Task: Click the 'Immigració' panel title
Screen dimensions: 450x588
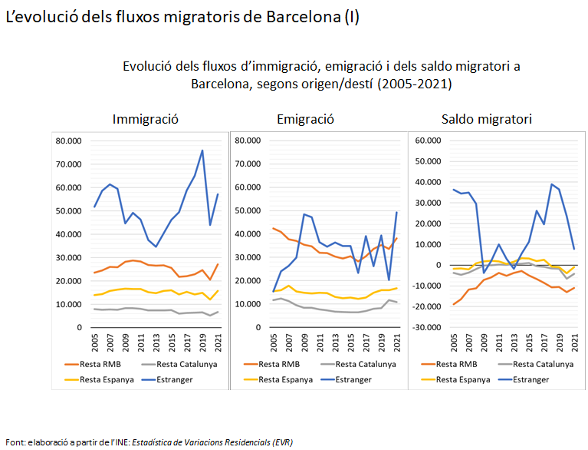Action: [146, 119]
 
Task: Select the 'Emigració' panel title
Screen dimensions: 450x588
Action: [305, 119]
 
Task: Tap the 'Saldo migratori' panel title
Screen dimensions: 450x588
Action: [487, 119]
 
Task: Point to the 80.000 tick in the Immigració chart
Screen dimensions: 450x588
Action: [68, 141]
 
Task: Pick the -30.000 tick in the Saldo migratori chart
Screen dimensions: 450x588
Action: [426, 327]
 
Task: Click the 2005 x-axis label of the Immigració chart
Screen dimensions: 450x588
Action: [96, 341]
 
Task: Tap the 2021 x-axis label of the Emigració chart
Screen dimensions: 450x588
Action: [396, 341]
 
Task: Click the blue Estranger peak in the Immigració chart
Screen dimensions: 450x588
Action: [202, 151]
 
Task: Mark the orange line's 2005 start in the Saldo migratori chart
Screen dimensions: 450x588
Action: [454, 304]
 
